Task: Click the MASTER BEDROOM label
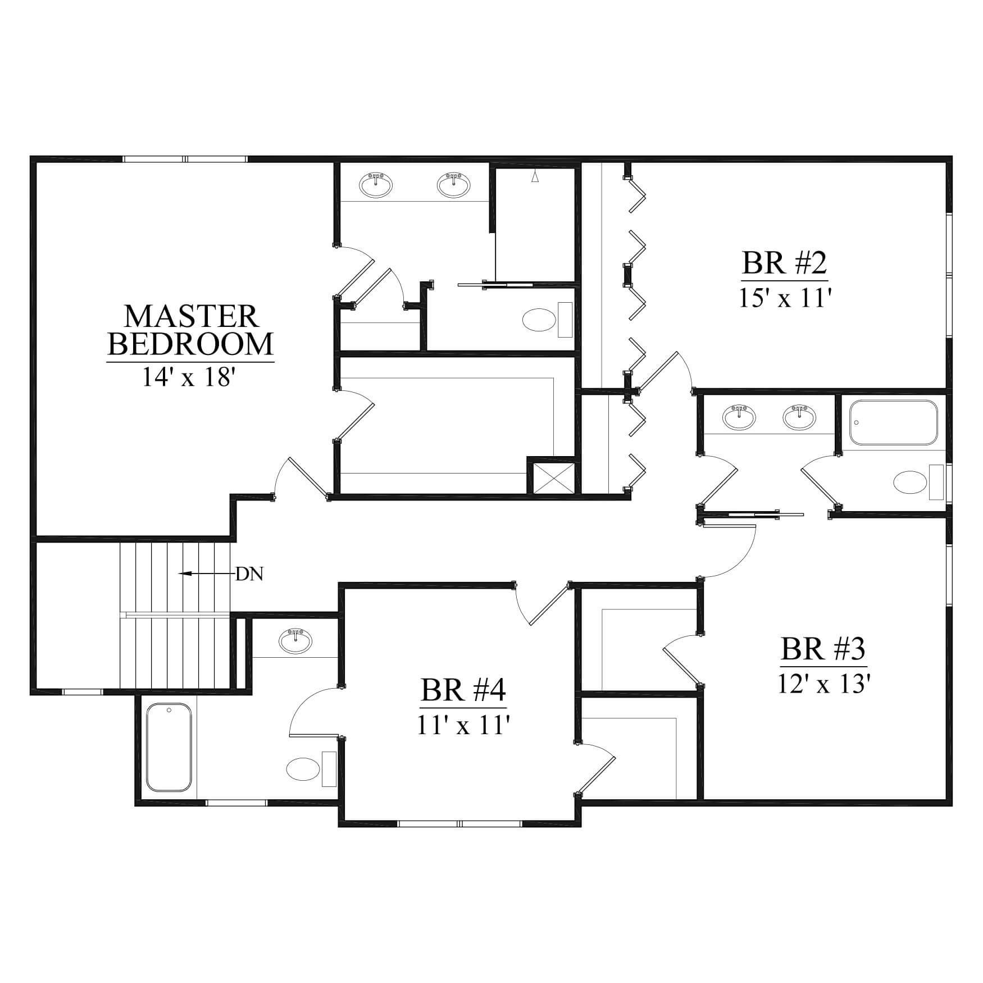click(190, 330)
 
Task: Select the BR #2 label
click(785, 262)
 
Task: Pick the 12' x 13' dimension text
click(824, 684)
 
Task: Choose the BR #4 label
click(464, 690)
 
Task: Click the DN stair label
click(249, 574)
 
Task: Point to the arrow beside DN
click(206, 574)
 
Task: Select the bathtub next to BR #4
click(169, 747)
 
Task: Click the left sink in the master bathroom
click(376, 185)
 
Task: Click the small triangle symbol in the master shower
click(535, 177)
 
